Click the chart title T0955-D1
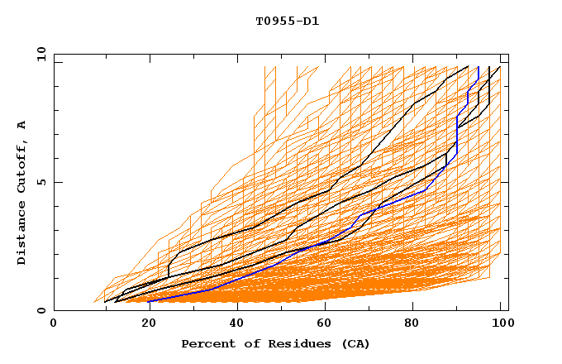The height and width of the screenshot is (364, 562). [x=287, y=22]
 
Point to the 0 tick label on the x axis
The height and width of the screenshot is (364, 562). [x=55, y=323]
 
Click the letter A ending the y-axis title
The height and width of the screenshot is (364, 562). [x=22, y=125]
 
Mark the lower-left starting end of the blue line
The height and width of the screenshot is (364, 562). [x=149, y=301]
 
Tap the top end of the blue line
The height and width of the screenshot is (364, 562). [x=479, y=67]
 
